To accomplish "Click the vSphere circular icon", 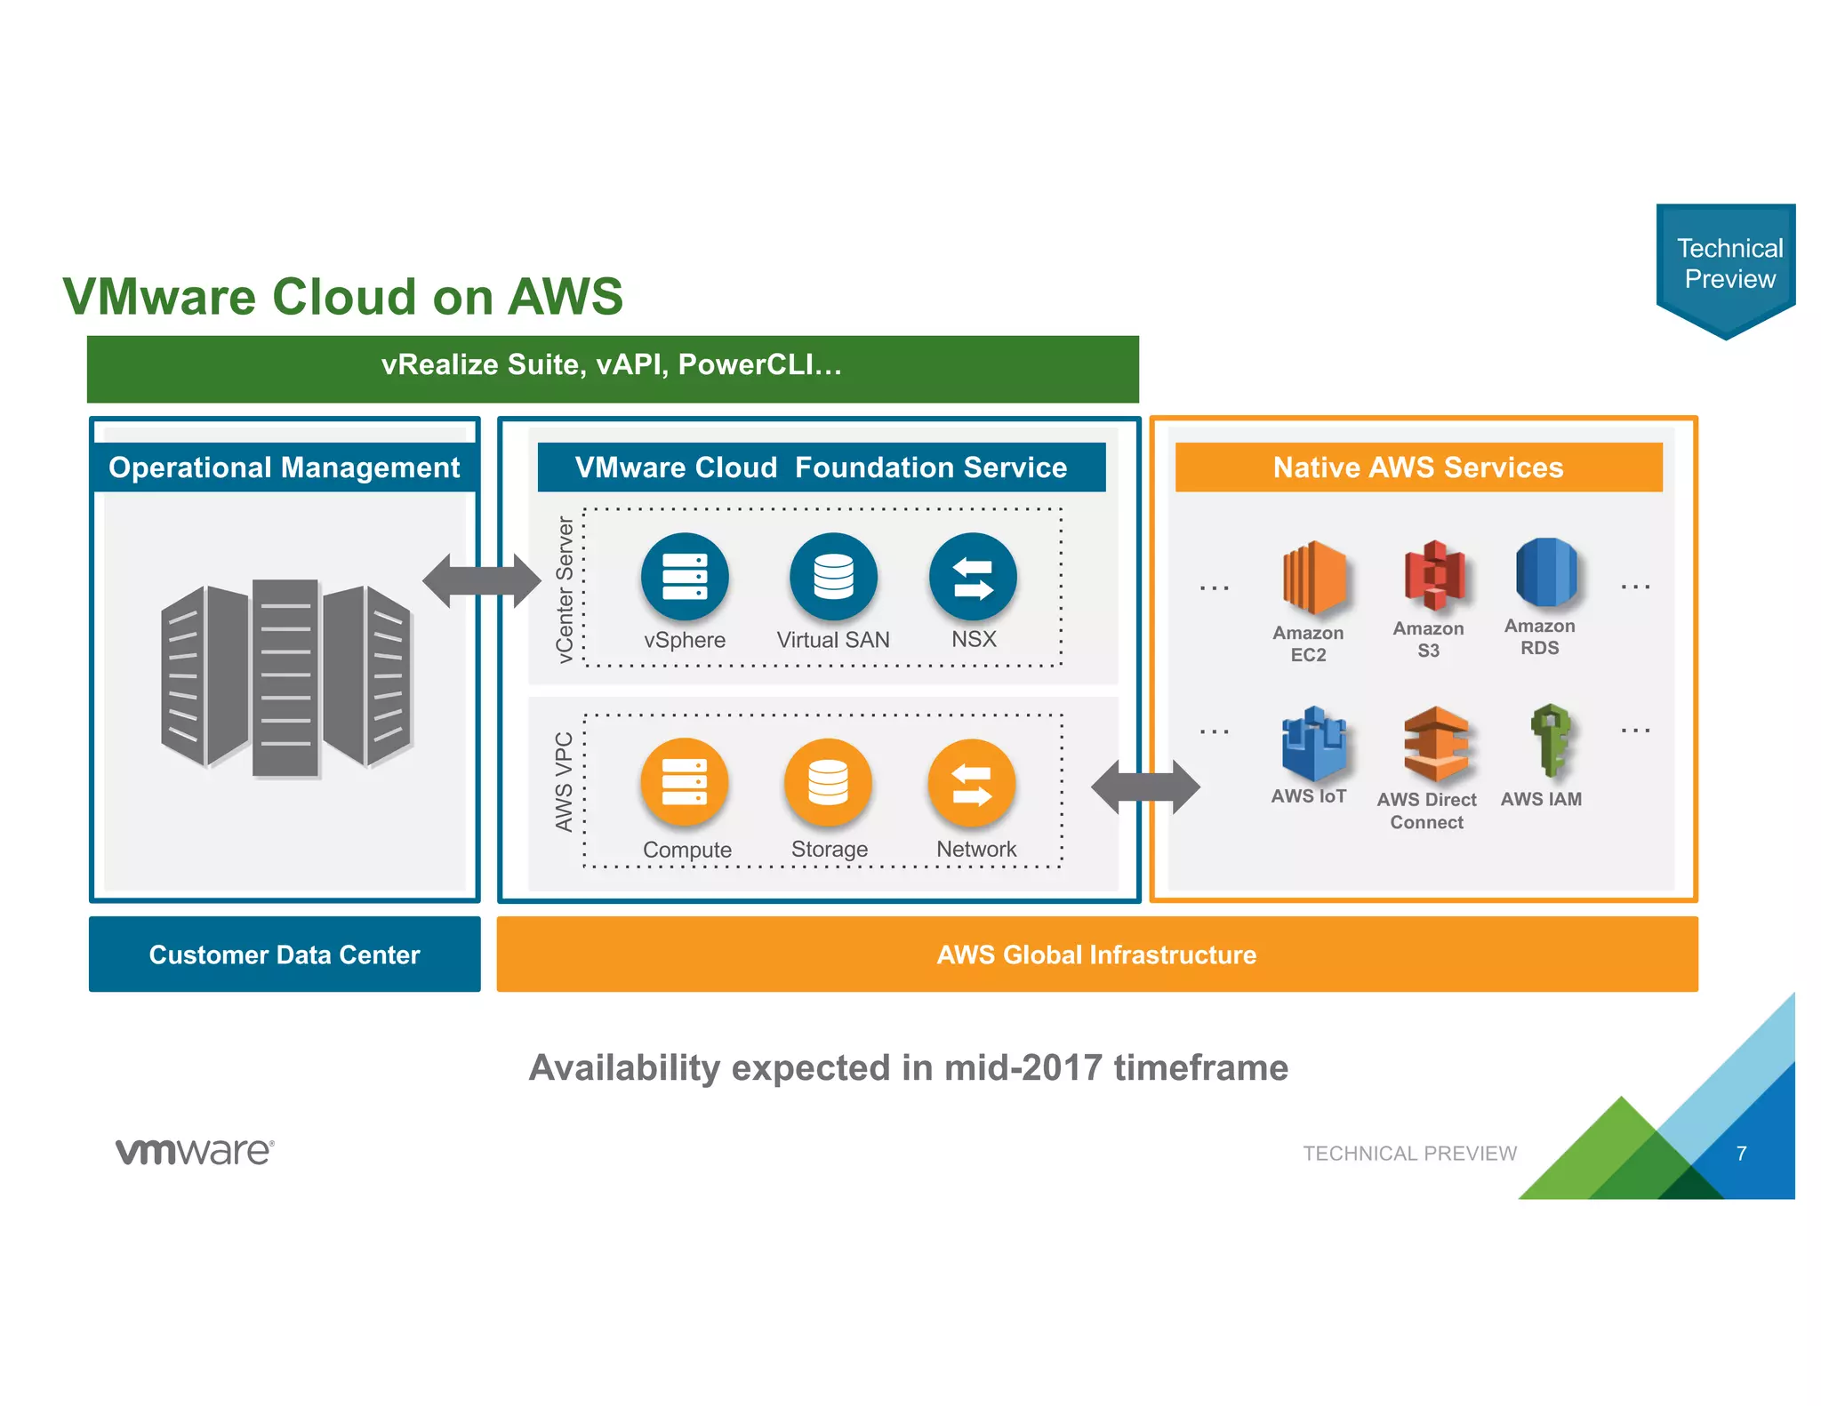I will [x=684, y=577].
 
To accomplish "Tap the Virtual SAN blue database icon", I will [x=832, y=577].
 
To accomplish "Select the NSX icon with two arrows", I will [x=972, y=577].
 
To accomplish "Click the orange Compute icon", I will [x=684, y=782].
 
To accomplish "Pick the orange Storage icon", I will [x=827, y=782].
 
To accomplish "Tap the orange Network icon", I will [x=971, y=782].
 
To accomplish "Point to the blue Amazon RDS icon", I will [x=1545, y=572].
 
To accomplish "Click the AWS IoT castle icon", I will [x=1312, y=743].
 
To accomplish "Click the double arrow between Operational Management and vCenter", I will [x=481, y=581].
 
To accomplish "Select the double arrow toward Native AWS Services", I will [x=1145, y=787].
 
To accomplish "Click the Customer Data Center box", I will [x=285, y=955].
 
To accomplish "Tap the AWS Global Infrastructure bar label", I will [x=1096, y=955].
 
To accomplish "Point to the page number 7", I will [x=1741, y=1153].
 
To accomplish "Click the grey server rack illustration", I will [x=285, y=677].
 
